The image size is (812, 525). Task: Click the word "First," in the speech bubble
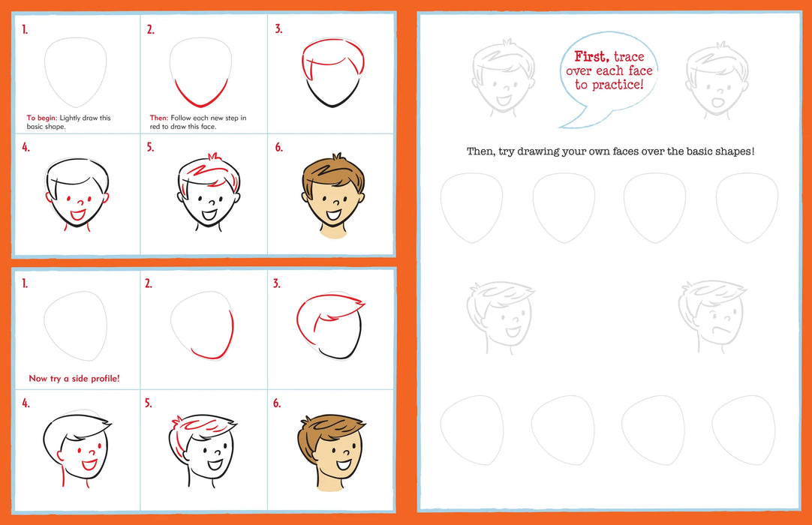592,56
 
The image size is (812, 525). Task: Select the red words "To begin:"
41,118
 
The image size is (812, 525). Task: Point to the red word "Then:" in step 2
159,118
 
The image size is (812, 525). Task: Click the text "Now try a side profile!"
74,379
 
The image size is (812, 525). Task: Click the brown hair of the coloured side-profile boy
323,432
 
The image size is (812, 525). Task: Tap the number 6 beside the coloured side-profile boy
277,404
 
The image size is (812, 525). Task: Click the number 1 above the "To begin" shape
25,30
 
